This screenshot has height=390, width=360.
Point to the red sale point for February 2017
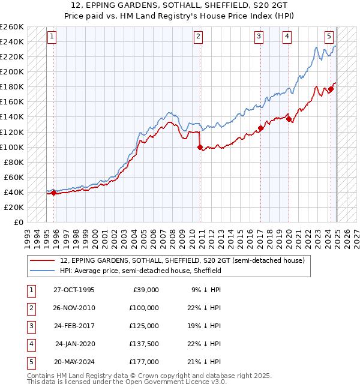coord(260,128)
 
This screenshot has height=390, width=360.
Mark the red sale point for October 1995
coord(54,193)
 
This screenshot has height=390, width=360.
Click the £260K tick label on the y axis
coord(12,27)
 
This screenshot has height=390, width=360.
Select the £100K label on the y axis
coord(12,147)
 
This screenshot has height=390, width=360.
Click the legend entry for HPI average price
coord(140,271)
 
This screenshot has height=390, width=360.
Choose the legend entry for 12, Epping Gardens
coord(182,260)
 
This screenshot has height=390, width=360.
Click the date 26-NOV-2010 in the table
coord(74,308)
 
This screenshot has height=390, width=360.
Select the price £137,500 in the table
coord(144,344)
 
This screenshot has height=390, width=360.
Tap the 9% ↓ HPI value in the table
coord(206,290)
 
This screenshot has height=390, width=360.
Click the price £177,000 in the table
coord(144,362)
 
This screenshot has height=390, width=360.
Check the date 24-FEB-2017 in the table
coord(74,326)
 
